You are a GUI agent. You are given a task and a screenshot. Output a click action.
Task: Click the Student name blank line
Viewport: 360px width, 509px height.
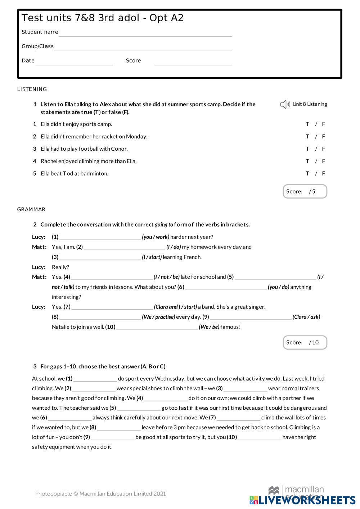click(145, 33)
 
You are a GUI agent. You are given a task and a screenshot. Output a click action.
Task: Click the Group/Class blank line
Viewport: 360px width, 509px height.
click(143, 48)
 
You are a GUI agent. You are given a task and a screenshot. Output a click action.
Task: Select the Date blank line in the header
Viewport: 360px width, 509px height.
click(74, 62)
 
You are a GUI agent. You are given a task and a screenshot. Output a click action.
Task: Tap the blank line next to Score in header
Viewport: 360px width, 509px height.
click(193, 62)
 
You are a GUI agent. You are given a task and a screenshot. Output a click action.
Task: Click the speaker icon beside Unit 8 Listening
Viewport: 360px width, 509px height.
click(285, 104)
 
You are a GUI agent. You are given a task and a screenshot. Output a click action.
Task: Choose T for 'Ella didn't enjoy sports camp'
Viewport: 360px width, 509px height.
click(307, 124)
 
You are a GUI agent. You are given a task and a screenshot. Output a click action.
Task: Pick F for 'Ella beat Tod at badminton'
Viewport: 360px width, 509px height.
click(324, 173)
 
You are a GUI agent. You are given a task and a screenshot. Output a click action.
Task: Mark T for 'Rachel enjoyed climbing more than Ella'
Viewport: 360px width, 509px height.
click(307, 161)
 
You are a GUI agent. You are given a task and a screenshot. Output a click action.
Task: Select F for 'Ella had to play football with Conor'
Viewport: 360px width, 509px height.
click(324, 149)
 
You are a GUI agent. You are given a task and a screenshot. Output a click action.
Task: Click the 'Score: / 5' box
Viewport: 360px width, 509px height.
click(305, 191)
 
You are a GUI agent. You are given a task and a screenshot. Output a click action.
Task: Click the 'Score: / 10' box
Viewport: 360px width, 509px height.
click(305, 342)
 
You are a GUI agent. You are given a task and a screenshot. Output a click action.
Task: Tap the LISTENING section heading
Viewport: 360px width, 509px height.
click(32, 89)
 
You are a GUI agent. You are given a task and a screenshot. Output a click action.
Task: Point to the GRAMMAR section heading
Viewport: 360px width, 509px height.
click(31, 209)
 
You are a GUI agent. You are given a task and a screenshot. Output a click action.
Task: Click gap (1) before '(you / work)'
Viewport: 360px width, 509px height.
click(100, 237)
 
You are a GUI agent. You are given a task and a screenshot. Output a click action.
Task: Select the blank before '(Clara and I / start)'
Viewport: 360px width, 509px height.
click(112, 307)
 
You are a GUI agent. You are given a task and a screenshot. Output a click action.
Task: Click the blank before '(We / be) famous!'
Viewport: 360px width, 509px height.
click(157, 327)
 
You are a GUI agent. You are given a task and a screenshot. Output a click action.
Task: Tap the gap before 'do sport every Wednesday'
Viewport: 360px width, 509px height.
click(95, 379)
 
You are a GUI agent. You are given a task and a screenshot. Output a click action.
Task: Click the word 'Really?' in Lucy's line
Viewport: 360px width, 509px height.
click(60, 267)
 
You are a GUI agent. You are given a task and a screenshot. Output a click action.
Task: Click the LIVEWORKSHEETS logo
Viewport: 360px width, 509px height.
click(302, 500)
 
